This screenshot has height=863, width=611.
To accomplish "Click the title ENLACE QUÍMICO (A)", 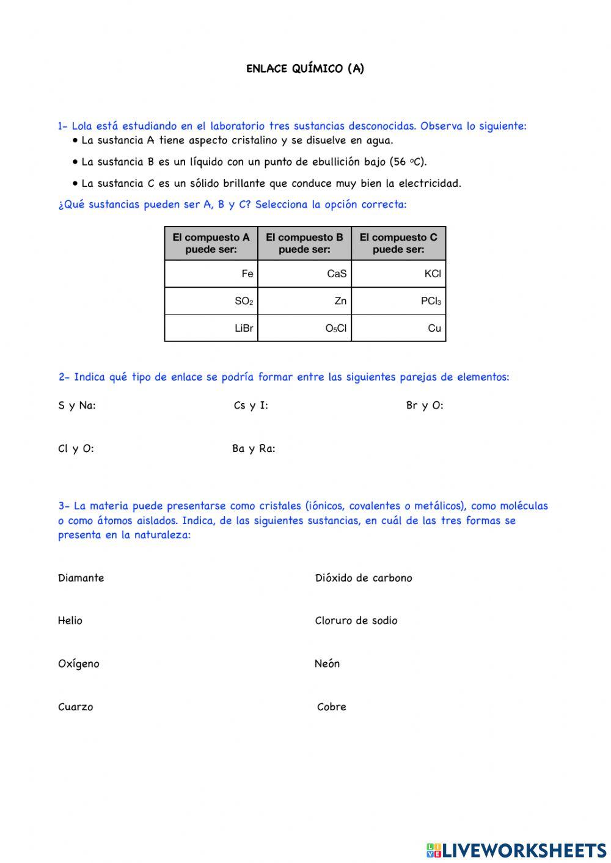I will [305, 68].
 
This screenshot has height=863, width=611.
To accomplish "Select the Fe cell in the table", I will [211, 274].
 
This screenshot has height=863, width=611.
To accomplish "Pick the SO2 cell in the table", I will [211, 300].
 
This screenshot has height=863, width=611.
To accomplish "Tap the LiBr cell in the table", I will [211, 328].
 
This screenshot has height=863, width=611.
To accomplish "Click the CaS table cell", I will [305, 274].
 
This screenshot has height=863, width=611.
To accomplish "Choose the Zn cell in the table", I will [305, 300].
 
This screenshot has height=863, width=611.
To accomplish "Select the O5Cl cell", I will [305, 328].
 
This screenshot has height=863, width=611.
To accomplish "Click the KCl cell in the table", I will [398, 274].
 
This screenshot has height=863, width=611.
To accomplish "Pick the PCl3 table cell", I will [398, 300].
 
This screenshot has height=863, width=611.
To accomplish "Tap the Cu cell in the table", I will [398, 328].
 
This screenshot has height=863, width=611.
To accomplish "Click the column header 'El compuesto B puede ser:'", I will [305, 243].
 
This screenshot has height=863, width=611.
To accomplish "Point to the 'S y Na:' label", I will [77, 406].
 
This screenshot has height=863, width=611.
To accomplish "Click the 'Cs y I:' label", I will [251, 406].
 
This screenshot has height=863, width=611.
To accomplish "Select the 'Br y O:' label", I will [425, 406].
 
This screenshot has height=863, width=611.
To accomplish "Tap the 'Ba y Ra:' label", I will [254, 449].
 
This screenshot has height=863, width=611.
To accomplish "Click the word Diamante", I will [81, 578].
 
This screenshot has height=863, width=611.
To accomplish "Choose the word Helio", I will [70, 621].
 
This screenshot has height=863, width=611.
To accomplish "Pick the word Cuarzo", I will [76, 707].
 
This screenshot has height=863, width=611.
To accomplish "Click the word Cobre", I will [332, 707].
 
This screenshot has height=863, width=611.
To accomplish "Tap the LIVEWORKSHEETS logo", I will [516, 850].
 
